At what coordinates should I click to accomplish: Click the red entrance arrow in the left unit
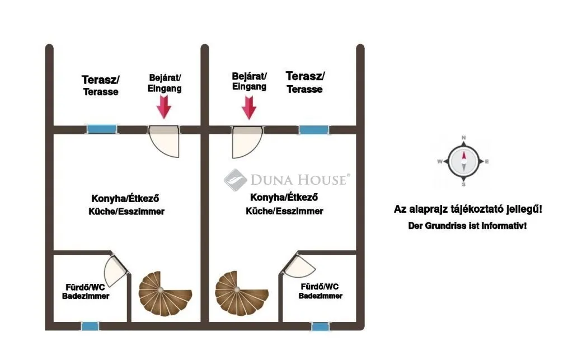tap(164, 107)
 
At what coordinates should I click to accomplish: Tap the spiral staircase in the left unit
tap(165, 293)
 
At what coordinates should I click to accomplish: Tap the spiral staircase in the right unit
tap(242, 293)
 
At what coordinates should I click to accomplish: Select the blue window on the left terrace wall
tap(102, 129)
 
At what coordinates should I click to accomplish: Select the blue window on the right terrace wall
tap(314, 130)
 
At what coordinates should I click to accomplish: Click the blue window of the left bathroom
tap(90, 326)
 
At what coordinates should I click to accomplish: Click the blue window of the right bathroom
tap(320, 326)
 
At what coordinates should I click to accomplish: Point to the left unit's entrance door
tap(164, 141)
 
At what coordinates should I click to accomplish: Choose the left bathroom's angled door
tap(116, 270)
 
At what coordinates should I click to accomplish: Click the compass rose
tap(464, 161)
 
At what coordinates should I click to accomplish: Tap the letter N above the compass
tap(464, 138)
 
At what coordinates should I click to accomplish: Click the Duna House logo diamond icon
tap(235, 180)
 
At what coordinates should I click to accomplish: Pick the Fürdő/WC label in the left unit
tap(85, 287)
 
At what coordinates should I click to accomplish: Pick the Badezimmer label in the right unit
tap(321, 296)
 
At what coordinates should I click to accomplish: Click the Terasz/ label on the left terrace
tap(101, 80)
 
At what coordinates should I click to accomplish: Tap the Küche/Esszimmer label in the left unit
tap(126, 211)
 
